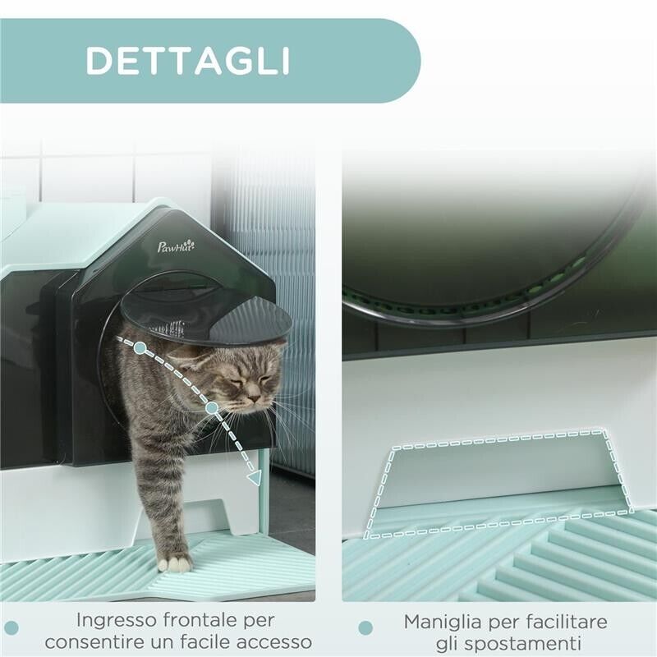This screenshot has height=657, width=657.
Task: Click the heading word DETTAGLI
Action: [188, 61]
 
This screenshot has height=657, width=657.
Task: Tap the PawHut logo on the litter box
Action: [176, 246]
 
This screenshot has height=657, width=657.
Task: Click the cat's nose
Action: [255, 398]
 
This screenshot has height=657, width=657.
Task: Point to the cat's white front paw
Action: [175, 563]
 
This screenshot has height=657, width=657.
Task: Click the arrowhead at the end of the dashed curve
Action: [255, 476]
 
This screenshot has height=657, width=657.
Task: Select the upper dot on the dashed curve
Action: [140, 348]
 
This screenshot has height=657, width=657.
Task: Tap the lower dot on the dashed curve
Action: [212, 407]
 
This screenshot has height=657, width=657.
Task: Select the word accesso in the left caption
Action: [270, 641]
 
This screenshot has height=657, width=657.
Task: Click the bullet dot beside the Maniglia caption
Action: [365, 628]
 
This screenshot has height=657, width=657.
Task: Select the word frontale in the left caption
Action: [201, 620]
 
